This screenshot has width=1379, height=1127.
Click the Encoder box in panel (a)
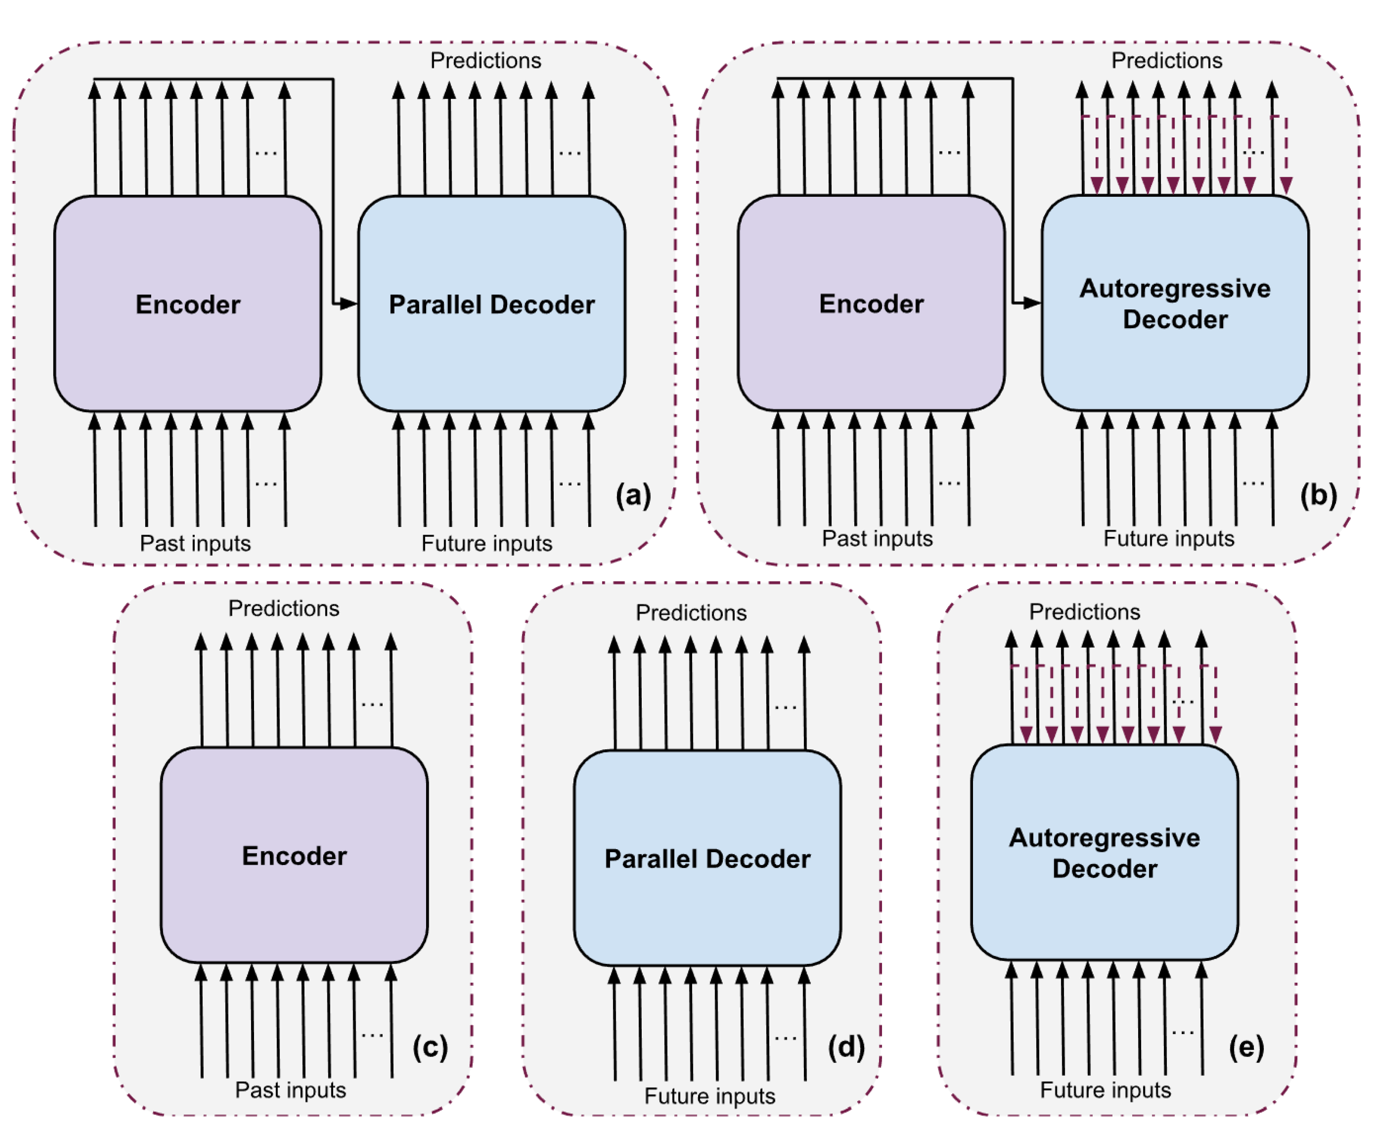coord(188,304)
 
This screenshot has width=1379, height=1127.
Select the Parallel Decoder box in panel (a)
coord(492,304)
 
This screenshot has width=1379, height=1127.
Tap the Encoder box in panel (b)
coord(871,303)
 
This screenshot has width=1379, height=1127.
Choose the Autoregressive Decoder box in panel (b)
coord(1175,303)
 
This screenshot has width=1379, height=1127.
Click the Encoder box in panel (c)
coord(294,855)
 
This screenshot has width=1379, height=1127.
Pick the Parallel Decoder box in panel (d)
coord(707,858)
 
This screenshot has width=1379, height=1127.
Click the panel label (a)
coord(633,495)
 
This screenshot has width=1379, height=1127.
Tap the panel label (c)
coord(430,1047)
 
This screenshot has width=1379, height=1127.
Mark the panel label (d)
coord(846,1047)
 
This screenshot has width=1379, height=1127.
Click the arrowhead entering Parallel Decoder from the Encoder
coord(349,303)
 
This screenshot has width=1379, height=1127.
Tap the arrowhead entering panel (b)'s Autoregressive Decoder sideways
coord(1033,303)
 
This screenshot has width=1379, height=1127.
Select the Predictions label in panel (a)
coord(485,60)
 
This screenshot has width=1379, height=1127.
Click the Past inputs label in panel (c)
coord(290,1090)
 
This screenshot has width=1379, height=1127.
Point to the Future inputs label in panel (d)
coord(709,1096)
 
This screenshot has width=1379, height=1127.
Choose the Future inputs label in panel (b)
coord(1169,538)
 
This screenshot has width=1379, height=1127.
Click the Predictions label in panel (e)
coord(1084,612)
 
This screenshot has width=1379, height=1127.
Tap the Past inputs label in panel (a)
coord(195,543)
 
